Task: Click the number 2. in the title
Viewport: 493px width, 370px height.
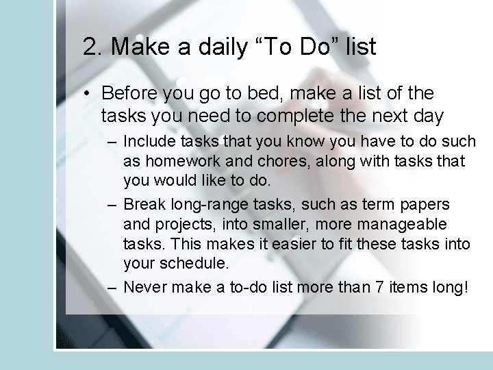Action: [x=93, y=47]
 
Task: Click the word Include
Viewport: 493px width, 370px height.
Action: [x=147, y=142]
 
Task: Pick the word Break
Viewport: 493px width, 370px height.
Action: [x=142, y=205]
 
